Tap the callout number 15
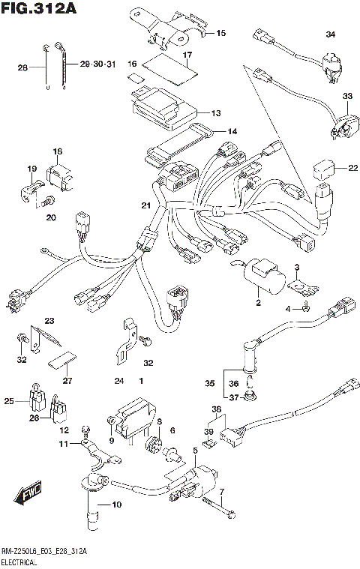pos(220,34)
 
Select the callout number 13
pos(215,113)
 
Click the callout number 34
pos(331,35)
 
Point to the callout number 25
pos(9,402)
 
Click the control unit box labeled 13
pos(161,107)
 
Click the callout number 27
pos(67,380)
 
